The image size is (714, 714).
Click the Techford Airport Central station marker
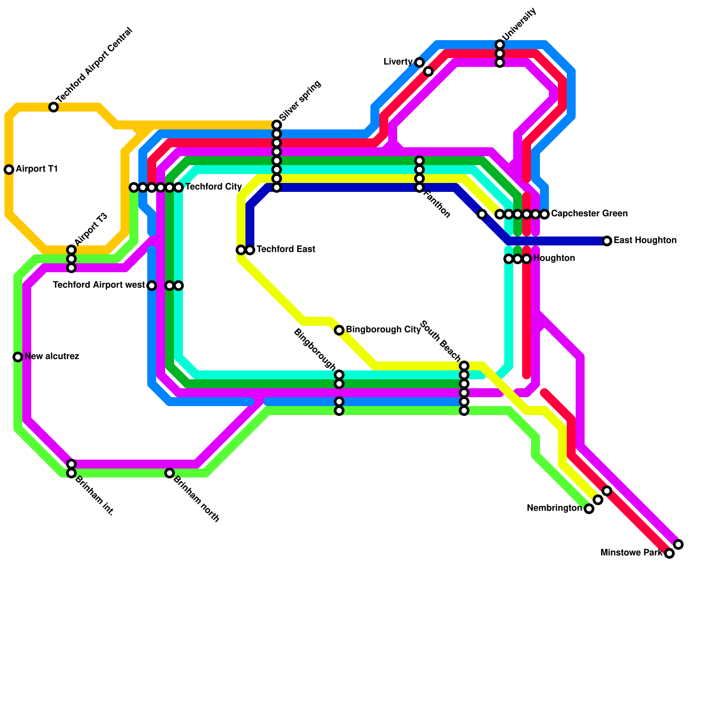click(x=54, y=107)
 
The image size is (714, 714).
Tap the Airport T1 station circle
click(x=9, y=170)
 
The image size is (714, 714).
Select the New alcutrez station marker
click(x=18, y=357)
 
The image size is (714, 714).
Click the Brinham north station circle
click(x=170, y=473)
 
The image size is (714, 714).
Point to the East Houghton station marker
click(x=607, y=241)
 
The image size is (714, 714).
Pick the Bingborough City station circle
click(x=339, y=330)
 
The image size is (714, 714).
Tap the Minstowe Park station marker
click(x=669, y=553)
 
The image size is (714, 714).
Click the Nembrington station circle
click(x=589, y=509)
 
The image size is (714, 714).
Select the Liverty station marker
click(x=419, y=62)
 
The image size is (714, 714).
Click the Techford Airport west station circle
click(x=152, y=286)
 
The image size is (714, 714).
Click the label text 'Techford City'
click(x=213, y=187)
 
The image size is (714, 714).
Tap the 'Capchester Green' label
click(x=589, y=214)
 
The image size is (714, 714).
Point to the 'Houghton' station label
click(x=554, y=258)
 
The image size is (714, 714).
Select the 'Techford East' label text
click(x=286, y=249)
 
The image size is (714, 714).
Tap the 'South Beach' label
click(x=440, y=341)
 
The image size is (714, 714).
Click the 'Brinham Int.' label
click(x=94, y=496)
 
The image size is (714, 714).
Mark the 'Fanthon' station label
click(x=436, y=204)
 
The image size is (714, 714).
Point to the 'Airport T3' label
click(x=91, y=229)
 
